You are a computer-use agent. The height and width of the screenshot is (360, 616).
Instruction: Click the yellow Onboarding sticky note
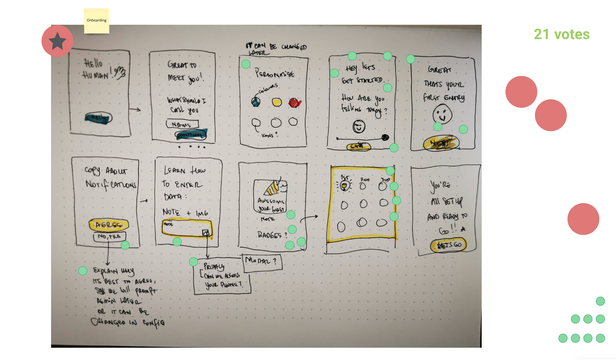pos(96,21)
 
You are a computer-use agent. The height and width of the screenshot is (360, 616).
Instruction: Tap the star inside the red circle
pos(57,41)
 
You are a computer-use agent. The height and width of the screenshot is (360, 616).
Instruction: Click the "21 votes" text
pos(561,34)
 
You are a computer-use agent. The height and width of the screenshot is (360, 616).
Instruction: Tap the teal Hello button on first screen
pos(99,118)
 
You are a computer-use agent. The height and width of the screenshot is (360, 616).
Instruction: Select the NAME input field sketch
pos(182,124)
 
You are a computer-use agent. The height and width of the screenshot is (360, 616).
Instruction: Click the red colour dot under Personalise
pos(294,102)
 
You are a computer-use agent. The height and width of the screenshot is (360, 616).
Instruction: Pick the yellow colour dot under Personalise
pos(276,102)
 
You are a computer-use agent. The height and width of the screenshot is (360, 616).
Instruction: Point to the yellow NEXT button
pos(441,143)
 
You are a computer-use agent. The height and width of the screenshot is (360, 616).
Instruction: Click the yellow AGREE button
pos(109,225)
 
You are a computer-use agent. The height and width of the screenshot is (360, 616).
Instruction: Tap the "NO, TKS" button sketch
pos(109,236)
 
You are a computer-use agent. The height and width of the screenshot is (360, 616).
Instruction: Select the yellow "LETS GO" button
pos(448,245)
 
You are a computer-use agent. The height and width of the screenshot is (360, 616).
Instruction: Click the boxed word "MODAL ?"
pos(262,261)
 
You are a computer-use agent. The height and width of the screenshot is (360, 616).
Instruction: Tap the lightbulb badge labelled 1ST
pos(344,186)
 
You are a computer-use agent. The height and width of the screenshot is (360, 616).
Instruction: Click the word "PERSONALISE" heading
pos(274,73)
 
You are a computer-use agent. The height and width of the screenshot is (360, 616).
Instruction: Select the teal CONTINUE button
pos(190,135)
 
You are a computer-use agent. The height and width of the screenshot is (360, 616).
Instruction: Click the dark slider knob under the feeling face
pos(385,137)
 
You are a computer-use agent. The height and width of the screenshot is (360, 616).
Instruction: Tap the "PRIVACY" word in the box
pos(214,267)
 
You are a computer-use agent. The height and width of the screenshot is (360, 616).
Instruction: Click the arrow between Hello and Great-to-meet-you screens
pos(135,110)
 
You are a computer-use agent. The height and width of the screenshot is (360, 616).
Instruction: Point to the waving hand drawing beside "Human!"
pos(120,72)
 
